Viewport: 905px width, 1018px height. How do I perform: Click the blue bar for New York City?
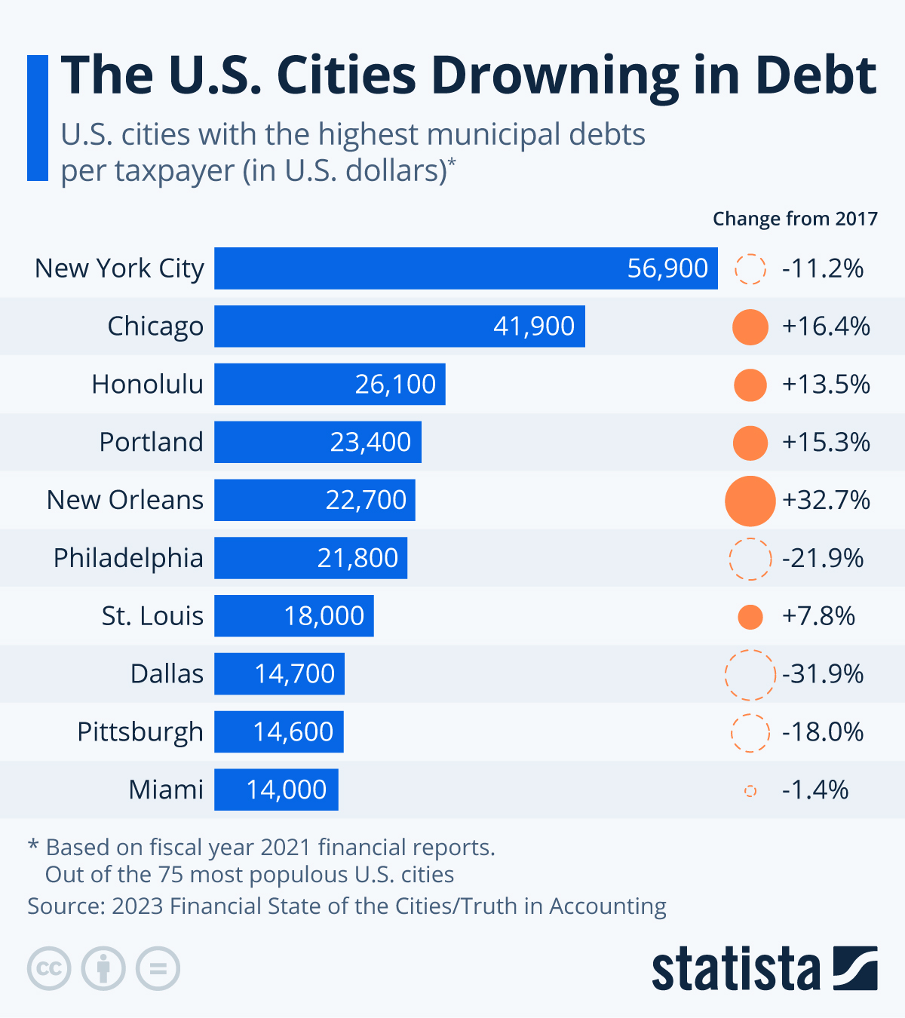465,268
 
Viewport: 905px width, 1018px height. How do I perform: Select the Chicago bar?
399,327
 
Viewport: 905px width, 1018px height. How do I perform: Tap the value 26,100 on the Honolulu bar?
395,385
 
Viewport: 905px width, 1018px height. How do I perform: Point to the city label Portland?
151,442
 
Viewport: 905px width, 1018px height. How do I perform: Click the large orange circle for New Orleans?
750,501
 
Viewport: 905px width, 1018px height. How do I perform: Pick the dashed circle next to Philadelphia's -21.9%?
750,559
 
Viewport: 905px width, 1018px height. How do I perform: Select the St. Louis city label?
152,616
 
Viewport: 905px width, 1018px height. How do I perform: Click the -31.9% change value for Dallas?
823,674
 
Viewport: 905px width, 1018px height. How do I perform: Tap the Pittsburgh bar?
278,731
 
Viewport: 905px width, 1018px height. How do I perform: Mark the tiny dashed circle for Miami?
750,790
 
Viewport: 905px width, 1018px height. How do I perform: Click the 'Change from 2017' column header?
795,219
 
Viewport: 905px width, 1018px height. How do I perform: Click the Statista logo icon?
855,968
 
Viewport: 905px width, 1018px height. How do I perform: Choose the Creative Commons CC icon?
49,968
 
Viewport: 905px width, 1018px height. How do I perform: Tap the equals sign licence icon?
158,968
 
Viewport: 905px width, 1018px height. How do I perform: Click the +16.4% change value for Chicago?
826,327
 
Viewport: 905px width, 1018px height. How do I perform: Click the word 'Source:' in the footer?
66,906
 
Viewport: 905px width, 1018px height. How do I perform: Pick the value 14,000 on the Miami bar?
286,790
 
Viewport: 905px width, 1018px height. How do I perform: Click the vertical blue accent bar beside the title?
38,118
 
